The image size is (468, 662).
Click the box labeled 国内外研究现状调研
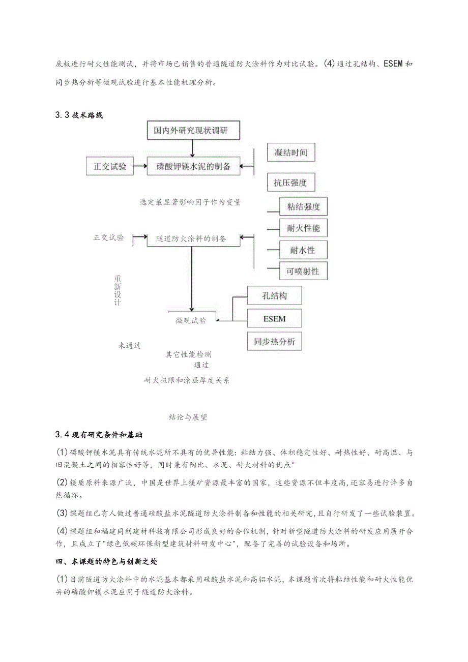tap(191, 131)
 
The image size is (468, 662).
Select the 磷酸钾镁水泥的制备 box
tap(193, 166)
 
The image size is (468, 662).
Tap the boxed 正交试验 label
tap(110, 166)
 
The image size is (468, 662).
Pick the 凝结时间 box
tap(290, 153)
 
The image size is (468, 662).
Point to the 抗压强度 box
tap(290, 183)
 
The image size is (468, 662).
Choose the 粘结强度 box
tap(303, 206)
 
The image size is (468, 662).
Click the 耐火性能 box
tap(303, 228)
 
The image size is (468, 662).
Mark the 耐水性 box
tap(303, 250)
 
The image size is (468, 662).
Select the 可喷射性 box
tap(303, 272)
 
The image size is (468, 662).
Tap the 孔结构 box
tap(275, 296)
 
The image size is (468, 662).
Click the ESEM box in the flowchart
tap(275, 319)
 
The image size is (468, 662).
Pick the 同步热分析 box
tap(275, 342)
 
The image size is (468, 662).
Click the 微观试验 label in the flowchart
tap(191, 320)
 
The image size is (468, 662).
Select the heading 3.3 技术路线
tap(79, 115)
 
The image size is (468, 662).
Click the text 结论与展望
tap(188, 417)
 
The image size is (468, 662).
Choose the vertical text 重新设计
tap(118, 291)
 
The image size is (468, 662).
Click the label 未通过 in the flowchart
tap(130, 345)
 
